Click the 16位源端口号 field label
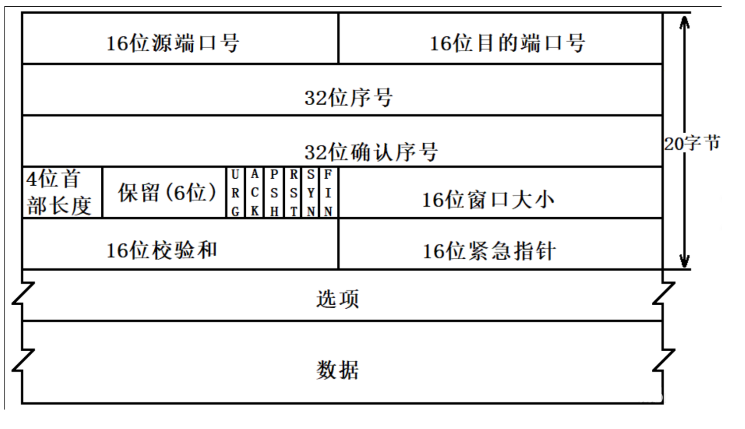click(x=172, y=43)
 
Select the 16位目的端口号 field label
click(x=507, y=43)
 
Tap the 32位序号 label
click(x=348, y=97)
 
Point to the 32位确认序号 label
click(x=371, y=152)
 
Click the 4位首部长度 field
click(x=59, y=193)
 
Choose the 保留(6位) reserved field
click(x=167, y=193)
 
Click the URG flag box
click(x=235, y=193)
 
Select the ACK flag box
click(x=255, y=193)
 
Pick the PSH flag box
click(x=274, y=193)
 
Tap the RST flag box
click(x=294, y=193)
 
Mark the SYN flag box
click(x=311, y=193)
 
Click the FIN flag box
click(x=328, y=193)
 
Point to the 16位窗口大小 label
click(x=488, y=200)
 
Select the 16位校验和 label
click(x=161, y=250)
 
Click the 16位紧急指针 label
click(x=489, y=251)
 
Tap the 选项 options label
click(x=337, y=299)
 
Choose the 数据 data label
click(x=337, y=370)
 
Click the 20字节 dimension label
click(x=692, y=143)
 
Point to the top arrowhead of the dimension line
click(x=684, y=22)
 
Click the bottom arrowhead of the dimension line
click(x=684, y=261)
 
